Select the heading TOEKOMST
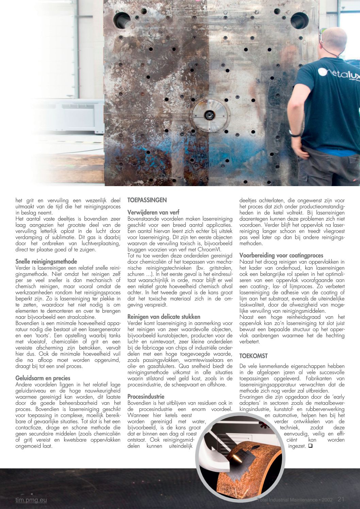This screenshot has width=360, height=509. [x=253, y=356]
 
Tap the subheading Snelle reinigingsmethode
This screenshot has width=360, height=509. [x=46, y=261]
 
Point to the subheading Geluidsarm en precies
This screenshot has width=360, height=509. [x=43, y=378]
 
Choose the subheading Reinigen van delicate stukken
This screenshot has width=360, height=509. [x=164, y=316]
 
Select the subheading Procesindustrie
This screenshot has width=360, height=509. [x=146, y=396]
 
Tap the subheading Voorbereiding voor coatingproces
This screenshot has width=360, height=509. [x=281, y=255]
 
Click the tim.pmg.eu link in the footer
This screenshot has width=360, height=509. [x=31, y=500]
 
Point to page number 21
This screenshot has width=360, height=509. [x=341, y=499]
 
